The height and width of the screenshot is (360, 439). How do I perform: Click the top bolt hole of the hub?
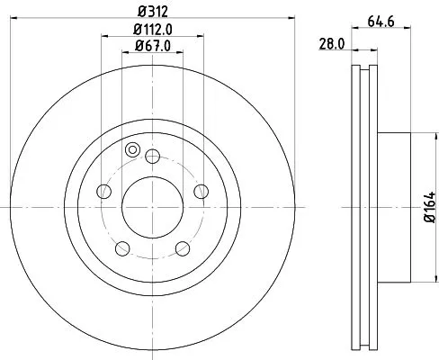point(152,156)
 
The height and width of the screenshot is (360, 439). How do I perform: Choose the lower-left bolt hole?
point(123,245)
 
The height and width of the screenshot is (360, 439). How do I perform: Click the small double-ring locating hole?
point(133,150)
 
